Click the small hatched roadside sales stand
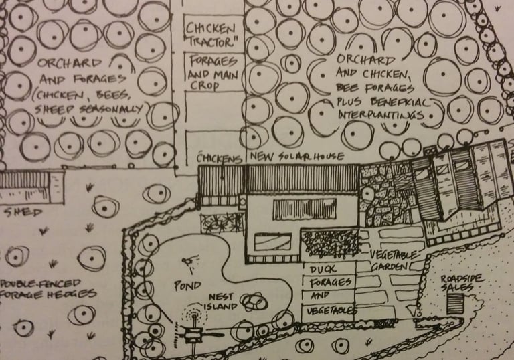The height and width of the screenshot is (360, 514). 456,303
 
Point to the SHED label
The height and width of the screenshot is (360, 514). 22,213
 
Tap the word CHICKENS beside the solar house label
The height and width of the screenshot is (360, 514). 220,157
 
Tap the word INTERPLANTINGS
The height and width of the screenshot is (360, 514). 380,115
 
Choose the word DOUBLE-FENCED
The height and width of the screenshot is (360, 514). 33,283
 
